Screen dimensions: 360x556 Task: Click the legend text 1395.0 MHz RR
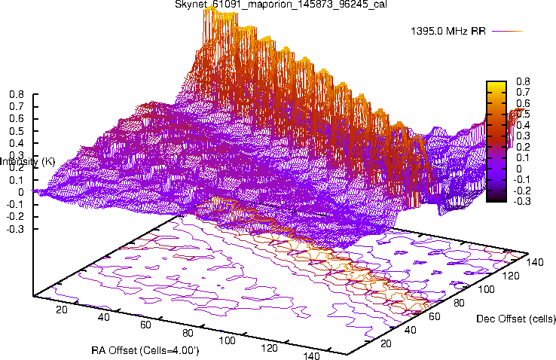tap(448, 32)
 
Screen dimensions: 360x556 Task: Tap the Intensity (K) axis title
tap(28, 161)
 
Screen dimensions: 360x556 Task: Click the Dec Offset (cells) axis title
tap(516, 319)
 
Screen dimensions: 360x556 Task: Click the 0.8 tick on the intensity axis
tap(16, 95)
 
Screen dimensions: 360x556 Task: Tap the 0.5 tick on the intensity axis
tap(16, 131)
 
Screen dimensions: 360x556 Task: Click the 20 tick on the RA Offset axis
tap(62, 310)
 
